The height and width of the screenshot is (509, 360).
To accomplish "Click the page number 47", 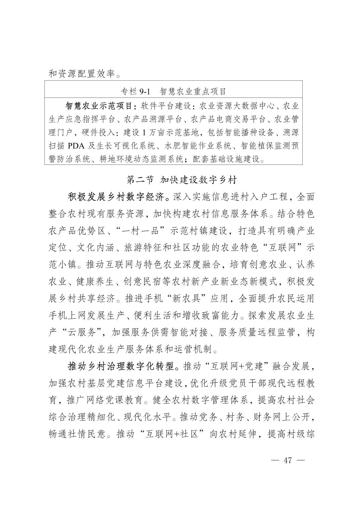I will pos(288,460).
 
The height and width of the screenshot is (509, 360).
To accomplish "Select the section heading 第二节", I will pos(140,180).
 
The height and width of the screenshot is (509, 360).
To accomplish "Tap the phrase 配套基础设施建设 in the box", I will pos(227,160).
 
